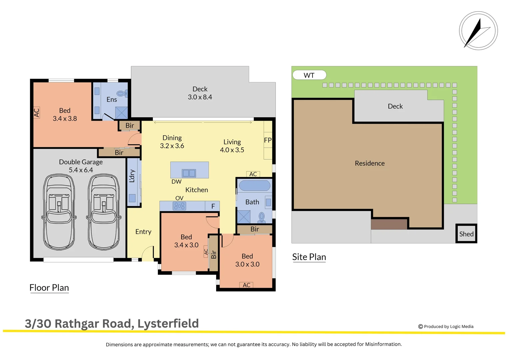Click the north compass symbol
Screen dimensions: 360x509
[478, 31]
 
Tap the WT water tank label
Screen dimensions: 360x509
[309, 75]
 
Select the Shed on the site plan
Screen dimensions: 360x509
[466, 234]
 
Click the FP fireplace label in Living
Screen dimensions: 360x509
[267, 140]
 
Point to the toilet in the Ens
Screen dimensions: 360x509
[122, 94]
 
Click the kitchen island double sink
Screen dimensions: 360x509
[189, 173]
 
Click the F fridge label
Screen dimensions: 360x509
[213, 206]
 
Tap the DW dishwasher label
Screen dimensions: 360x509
[176, 182]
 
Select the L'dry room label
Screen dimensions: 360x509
[132, 176]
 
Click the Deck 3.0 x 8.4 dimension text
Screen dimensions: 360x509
[200, 97]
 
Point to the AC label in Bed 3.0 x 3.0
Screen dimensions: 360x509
[247, 285]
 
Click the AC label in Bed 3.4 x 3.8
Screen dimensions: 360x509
[37, 113]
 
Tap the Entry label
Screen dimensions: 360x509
[143, 232]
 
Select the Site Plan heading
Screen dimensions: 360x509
[309, 257]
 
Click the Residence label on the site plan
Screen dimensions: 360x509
[369, 163]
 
